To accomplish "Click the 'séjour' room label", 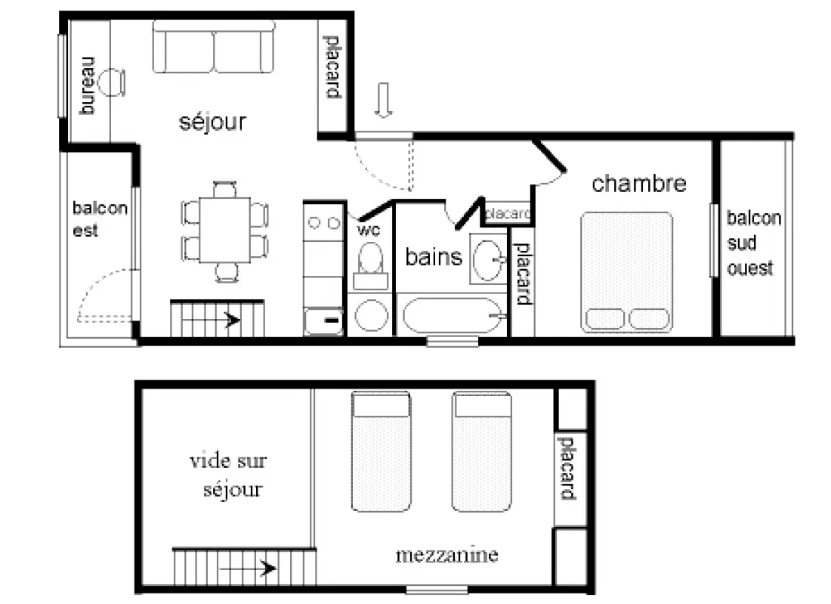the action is pyautogui.click(x=212, y=122).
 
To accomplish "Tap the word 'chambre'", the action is pyautogui.click(x=639, y=184).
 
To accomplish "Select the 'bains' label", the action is pyautogui.click(x=434, y=257).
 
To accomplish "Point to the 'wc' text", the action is pyautogui.click(x=369, y=230).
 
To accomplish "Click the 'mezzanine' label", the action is pyautogui.click(x=446, y=555).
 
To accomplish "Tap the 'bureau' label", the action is pyautogui.click(x=88, y=85).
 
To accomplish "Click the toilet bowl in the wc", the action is pyautogui.click(x=370, y=259).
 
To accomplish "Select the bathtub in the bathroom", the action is pyautogui.click(x=452, y=315).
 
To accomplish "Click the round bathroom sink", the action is pyautogui.click(x=487, y=260).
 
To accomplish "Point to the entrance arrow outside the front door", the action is pyautogui.click(x=383, y=100).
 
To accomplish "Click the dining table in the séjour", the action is pyautogui.click(x=224, y=230).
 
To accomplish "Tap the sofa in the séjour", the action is pyautogui.click(x=214, y=46).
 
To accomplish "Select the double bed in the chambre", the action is pyautogui.click(x=626, y=273).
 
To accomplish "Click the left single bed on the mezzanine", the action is pyautogui.click(x=381, y=451).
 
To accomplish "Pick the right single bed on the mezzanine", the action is pyautogui.click(x=482, y=451).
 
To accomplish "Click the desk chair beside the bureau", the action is pyautogui.click(x=113, y=82).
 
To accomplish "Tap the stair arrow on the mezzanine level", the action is pyautogui.click(x=248, y=568).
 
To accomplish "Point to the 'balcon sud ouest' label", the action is pyautogui.click(x=754, y=243).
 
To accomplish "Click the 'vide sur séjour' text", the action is pyautogui.click(x=228, y=475).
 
